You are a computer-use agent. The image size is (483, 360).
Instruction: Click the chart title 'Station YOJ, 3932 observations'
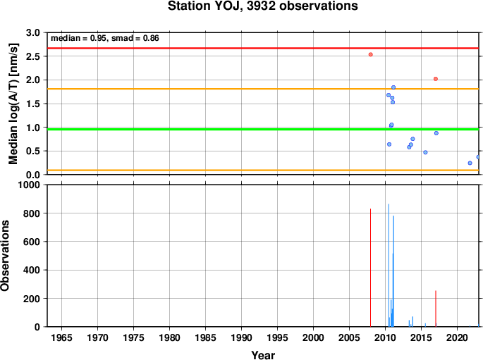coord(263,6)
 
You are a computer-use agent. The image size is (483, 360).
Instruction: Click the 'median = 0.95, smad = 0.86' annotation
coord(105,38)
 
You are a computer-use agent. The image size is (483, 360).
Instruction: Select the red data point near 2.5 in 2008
coord(371,54)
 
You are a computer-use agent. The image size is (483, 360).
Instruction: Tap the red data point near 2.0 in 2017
coord(436,79)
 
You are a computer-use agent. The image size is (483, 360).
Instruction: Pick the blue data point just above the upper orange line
coord(393,87)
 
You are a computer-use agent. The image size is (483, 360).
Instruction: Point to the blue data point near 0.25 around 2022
coord(470,163)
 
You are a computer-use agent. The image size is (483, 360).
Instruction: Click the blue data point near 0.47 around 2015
coord(425,152)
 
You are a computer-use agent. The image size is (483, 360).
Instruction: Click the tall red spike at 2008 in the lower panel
coord(371,268)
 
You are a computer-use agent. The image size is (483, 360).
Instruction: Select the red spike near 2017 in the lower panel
coord(436,309)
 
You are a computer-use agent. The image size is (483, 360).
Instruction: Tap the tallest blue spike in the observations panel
coord(389,265)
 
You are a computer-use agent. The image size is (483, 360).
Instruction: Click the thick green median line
coord(263,129)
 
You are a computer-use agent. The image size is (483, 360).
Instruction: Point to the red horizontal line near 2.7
coord(263,48)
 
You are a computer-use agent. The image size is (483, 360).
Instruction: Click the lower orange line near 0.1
coord(263,170)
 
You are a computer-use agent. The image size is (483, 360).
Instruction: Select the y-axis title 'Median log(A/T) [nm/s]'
coord(13,104)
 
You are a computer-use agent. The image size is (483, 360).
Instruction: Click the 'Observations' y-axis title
coord(5,256)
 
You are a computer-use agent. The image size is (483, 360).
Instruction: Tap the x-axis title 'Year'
coord(263,355)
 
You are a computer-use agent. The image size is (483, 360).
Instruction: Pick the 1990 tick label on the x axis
coord(241,337)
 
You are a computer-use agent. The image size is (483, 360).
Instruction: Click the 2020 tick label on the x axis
coord(458,337)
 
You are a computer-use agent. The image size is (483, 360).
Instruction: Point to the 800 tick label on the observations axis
coord(32,213)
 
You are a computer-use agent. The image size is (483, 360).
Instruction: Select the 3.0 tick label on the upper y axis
coord(33,32)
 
